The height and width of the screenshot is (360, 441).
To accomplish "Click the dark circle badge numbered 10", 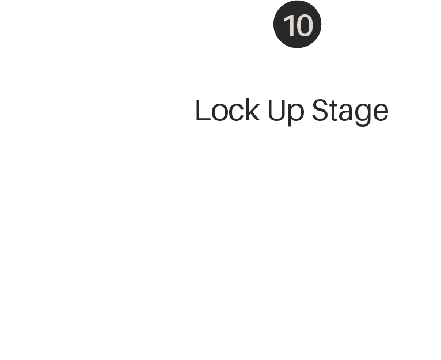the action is point(297,24).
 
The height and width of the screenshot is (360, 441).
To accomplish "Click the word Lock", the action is point(227,110).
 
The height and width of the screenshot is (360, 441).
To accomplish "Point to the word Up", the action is point(286,112).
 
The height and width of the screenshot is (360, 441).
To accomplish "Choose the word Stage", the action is point(350,112).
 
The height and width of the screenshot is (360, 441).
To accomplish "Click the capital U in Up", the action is point(277,111).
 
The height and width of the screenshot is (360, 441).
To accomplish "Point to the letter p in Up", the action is point(296,115).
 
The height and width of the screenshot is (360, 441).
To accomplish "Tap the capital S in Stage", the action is point(321,110).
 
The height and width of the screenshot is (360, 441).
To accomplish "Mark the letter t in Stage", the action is point(334,112).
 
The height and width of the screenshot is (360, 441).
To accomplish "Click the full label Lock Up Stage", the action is point(292,112).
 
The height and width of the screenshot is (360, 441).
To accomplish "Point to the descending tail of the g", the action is point(363,124).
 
